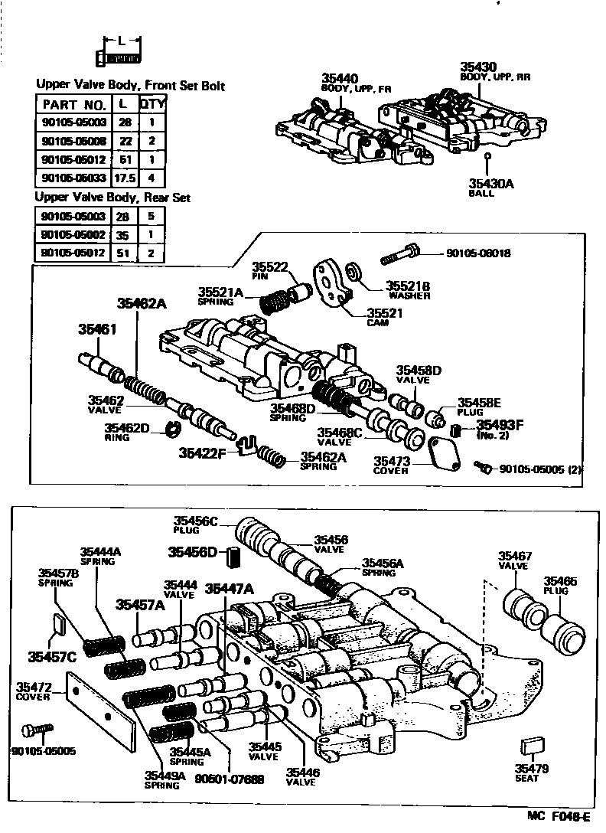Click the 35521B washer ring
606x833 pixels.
tap(355, 272)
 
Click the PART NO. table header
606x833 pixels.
tap(73, 104)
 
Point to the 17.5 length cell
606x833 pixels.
tap(122, 178)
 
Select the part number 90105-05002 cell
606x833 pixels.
tap(73, 234)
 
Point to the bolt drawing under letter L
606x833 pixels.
tap(119, 57)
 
